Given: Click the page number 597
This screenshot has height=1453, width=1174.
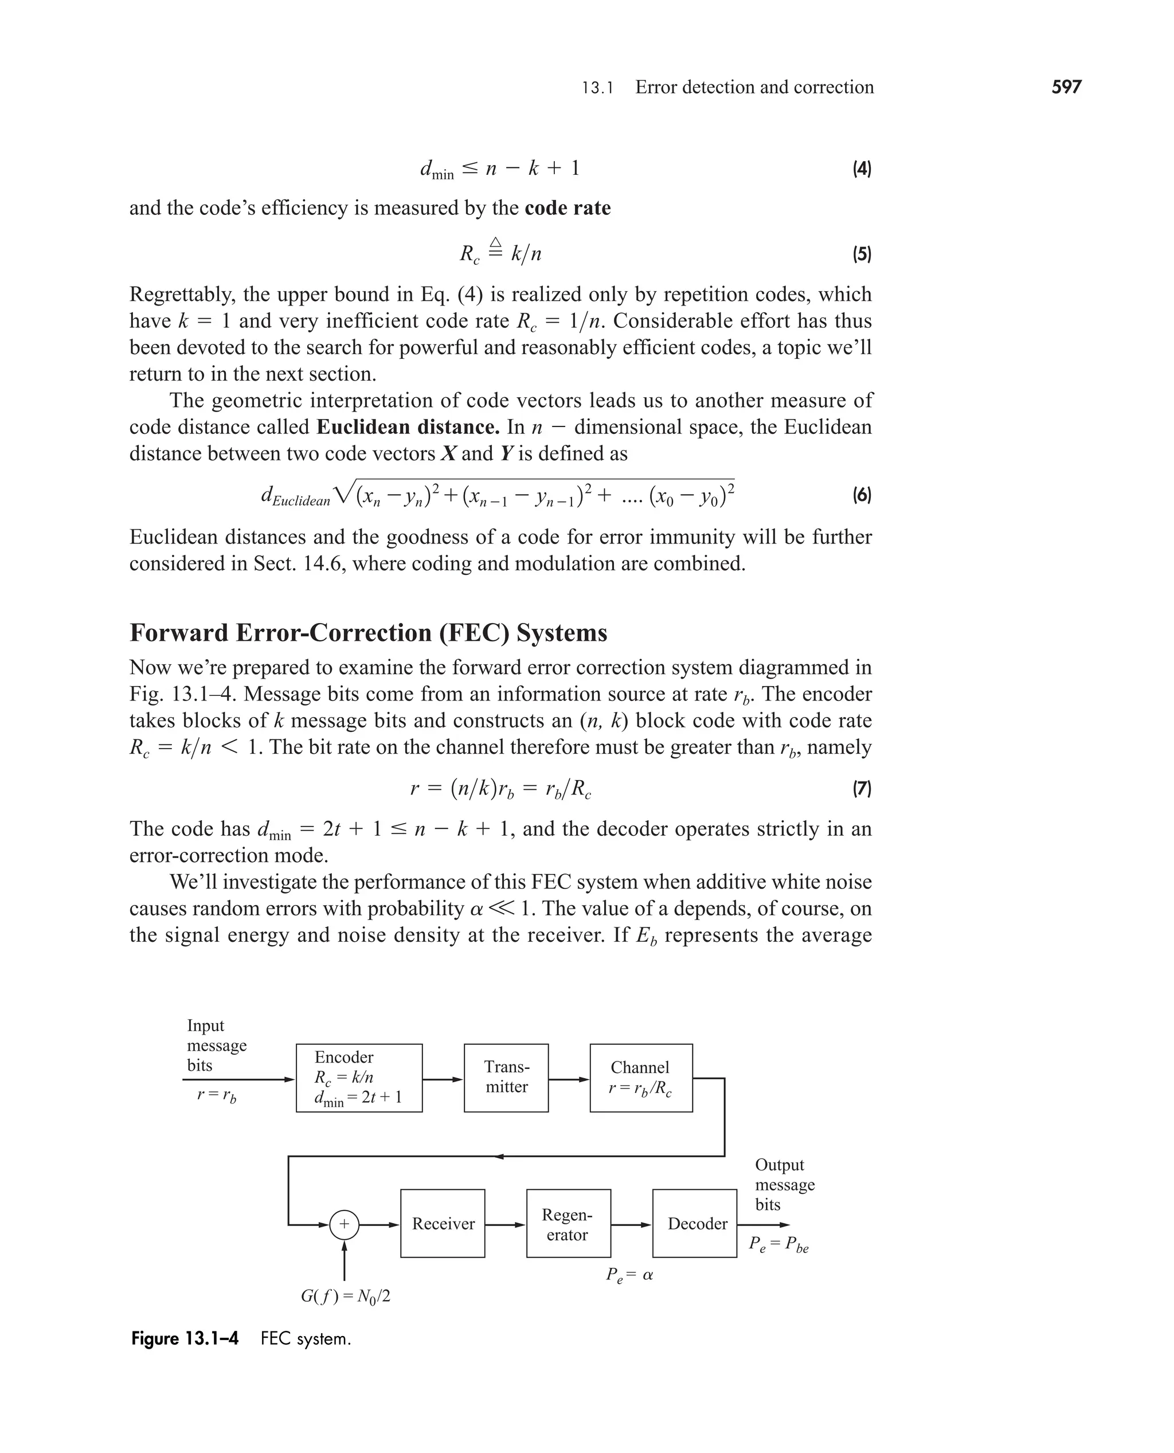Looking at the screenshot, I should point(1066,87).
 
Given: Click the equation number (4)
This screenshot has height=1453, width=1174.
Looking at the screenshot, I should point(861,169).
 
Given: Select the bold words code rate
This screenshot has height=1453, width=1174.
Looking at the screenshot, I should point(568,207).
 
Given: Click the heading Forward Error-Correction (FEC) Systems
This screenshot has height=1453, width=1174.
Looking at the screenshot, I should point(368,633).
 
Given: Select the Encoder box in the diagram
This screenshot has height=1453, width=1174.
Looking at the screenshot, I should point(358,1078).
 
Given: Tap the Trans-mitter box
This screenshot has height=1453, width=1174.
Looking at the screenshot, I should point(506,1078).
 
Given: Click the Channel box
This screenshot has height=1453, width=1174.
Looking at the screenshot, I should point(640,1078).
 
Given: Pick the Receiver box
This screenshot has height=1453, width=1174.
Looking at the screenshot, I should point(443,1223).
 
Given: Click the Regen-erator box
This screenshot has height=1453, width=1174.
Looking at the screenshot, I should point(568,1223).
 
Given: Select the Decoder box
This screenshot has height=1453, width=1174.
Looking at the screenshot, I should point(695,1223).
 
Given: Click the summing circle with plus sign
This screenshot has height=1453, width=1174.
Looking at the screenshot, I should point(344,1224).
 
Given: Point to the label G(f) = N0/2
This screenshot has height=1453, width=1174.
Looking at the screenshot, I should point(345,1296).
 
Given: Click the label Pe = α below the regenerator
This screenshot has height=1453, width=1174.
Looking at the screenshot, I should point(629,1275).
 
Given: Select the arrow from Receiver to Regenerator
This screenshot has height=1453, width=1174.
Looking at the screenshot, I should point(505,1224).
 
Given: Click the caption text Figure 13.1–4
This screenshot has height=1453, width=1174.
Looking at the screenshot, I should point(185,1339).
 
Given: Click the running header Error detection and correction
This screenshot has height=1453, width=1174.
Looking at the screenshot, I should point(754,87).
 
